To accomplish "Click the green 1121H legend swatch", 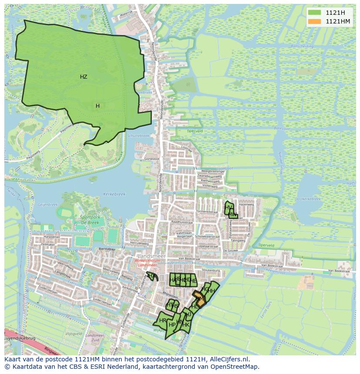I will tap(315, 13).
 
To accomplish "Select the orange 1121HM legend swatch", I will tap(315, 21).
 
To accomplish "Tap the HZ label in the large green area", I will tap(83, 77).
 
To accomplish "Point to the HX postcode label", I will tap(151, 275).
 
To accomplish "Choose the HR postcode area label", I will tap(163, 321).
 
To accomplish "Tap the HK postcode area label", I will tap(186, 324).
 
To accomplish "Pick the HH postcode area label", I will tap(211, 291).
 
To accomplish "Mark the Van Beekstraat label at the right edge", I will tap(339, 271).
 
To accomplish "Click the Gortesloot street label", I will tap(152, 159).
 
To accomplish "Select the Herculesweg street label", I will tap(139, 244).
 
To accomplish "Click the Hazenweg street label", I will tap(246, 204).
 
